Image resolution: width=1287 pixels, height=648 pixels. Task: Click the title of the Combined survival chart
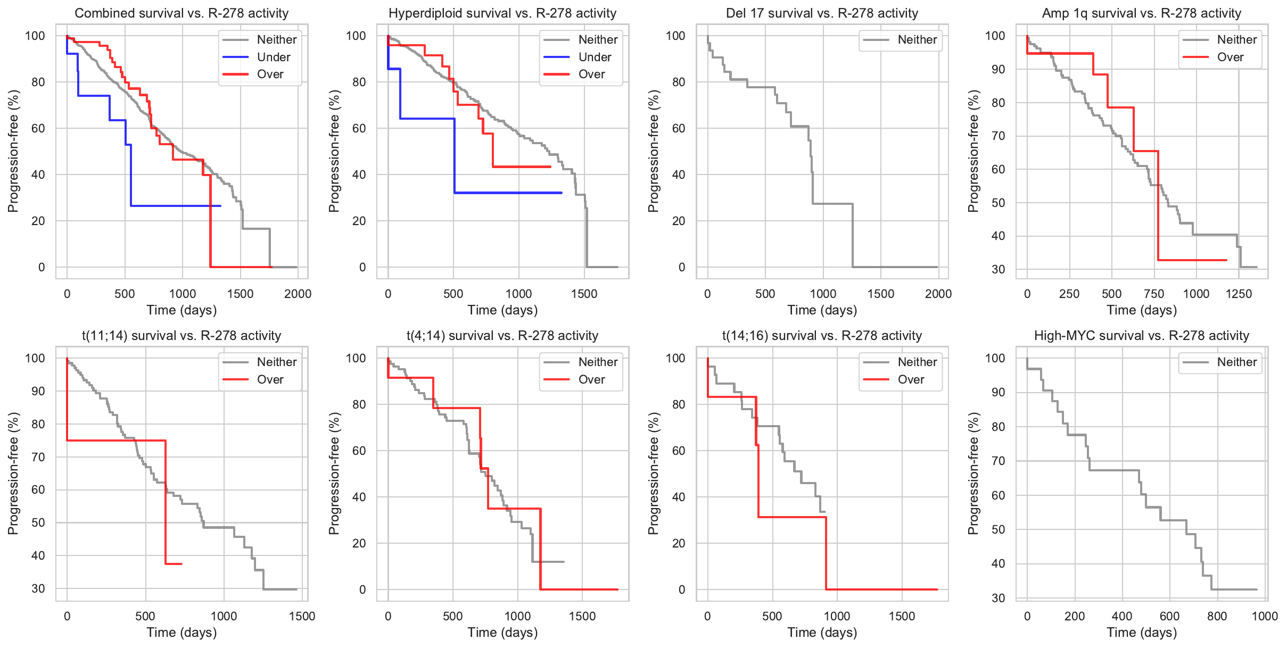(181, 13)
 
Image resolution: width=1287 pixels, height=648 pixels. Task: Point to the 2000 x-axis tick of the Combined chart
(298, 294)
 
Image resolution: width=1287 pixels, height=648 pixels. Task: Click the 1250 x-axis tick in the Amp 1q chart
(1239, 294)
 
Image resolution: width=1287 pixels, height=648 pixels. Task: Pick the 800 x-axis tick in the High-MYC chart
(1217, 616)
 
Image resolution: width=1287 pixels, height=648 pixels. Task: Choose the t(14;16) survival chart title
(822, 336)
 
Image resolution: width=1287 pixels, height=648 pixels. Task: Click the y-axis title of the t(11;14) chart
(13, 473)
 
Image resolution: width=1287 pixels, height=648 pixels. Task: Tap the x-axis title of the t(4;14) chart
(502, 632)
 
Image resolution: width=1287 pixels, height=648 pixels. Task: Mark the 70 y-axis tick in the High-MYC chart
(998, 461)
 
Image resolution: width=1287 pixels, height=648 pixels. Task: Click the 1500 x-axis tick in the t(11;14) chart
(302, 616)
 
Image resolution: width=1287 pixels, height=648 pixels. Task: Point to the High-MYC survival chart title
(1141, 336)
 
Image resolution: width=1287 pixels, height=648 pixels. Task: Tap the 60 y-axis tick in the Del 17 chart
(678, 128)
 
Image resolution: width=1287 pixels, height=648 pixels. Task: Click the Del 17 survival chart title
(822, 13)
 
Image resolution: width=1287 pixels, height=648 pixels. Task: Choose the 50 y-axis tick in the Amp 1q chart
(998, 203)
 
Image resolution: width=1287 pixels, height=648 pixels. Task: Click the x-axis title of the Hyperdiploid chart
(502, 310)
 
